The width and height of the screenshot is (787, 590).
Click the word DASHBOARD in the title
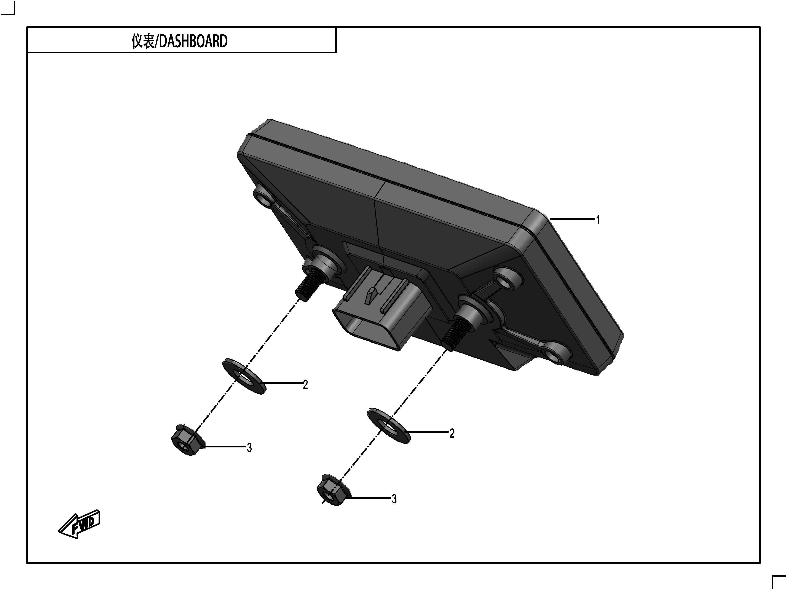pyautogui.click(x=193, y=41)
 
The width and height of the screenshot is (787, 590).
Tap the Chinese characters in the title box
pyautogui.click(x=143, y=41)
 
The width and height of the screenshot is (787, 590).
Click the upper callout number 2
pyautogui.click(x=305, y=385)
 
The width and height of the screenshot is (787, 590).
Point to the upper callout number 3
pyautogui.click(x=249, y=448)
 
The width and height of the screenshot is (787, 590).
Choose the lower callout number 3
pyautogui.click(x=394, y=499)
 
